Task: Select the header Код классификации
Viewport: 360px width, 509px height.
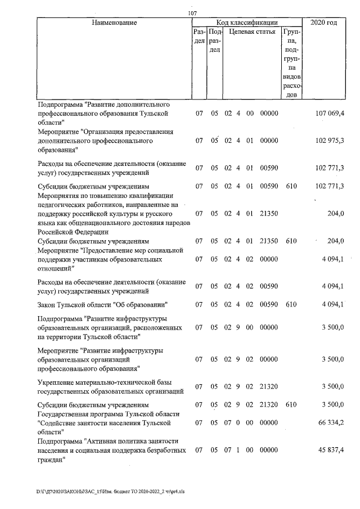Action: pyautogui.click(x=245, y=23)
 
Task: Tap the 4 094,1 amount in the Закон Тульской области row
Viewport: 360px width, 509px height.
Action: pyautogui.click(x=333, y=305)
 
